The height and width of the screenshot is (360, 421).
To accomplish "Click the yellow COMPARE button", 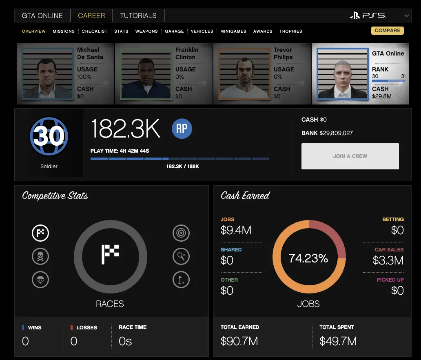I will tap(387, 31).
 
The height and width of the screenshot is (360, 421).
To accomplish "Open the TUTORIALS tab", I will tap(138, 16).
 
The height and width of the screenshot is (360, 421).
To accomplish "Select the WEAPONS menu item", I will tap(146, 31).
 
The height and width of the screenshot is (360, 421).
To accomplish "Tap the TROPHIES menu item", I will tap(290, 31).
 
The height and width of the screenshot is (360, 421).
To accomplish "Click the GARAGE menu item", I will tap(174, 31).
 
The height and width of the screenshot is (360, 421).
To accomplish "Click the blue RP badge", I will tap(182, 129).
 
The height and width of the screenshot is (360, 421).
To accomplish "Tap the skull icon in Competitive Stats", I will tap(40, 257).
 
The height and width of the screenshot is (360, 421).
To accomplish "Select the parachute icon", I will tap(40, 280).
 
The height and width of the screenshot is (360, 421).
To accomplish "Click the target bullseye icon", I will tap(181, 233).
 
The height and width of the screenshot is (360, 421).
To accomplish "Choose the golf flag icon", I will tap(181, 280).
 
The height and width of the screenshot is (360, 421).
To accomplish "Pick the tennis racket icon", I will tap(181, 257).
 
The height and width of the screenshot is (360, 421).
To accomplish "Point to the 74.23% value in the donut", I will tap(308, 258).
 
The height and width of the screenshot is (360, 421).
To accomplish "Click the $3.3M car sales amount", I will tap(388, 260).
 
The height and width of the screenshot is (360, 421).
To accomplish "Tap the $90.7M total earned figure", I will tap(239, 341).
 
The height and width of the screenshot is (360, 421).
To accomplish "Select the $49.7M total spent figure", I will tap(338, 341).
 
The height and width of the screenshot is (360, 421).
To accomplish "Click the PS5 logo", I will tap(368, 16).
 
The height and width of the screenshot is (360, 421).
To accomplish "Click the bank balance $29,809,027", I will tap(337, 133).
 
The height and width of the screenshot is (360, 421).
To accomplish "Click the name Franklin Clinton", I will tap(187, 53).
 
